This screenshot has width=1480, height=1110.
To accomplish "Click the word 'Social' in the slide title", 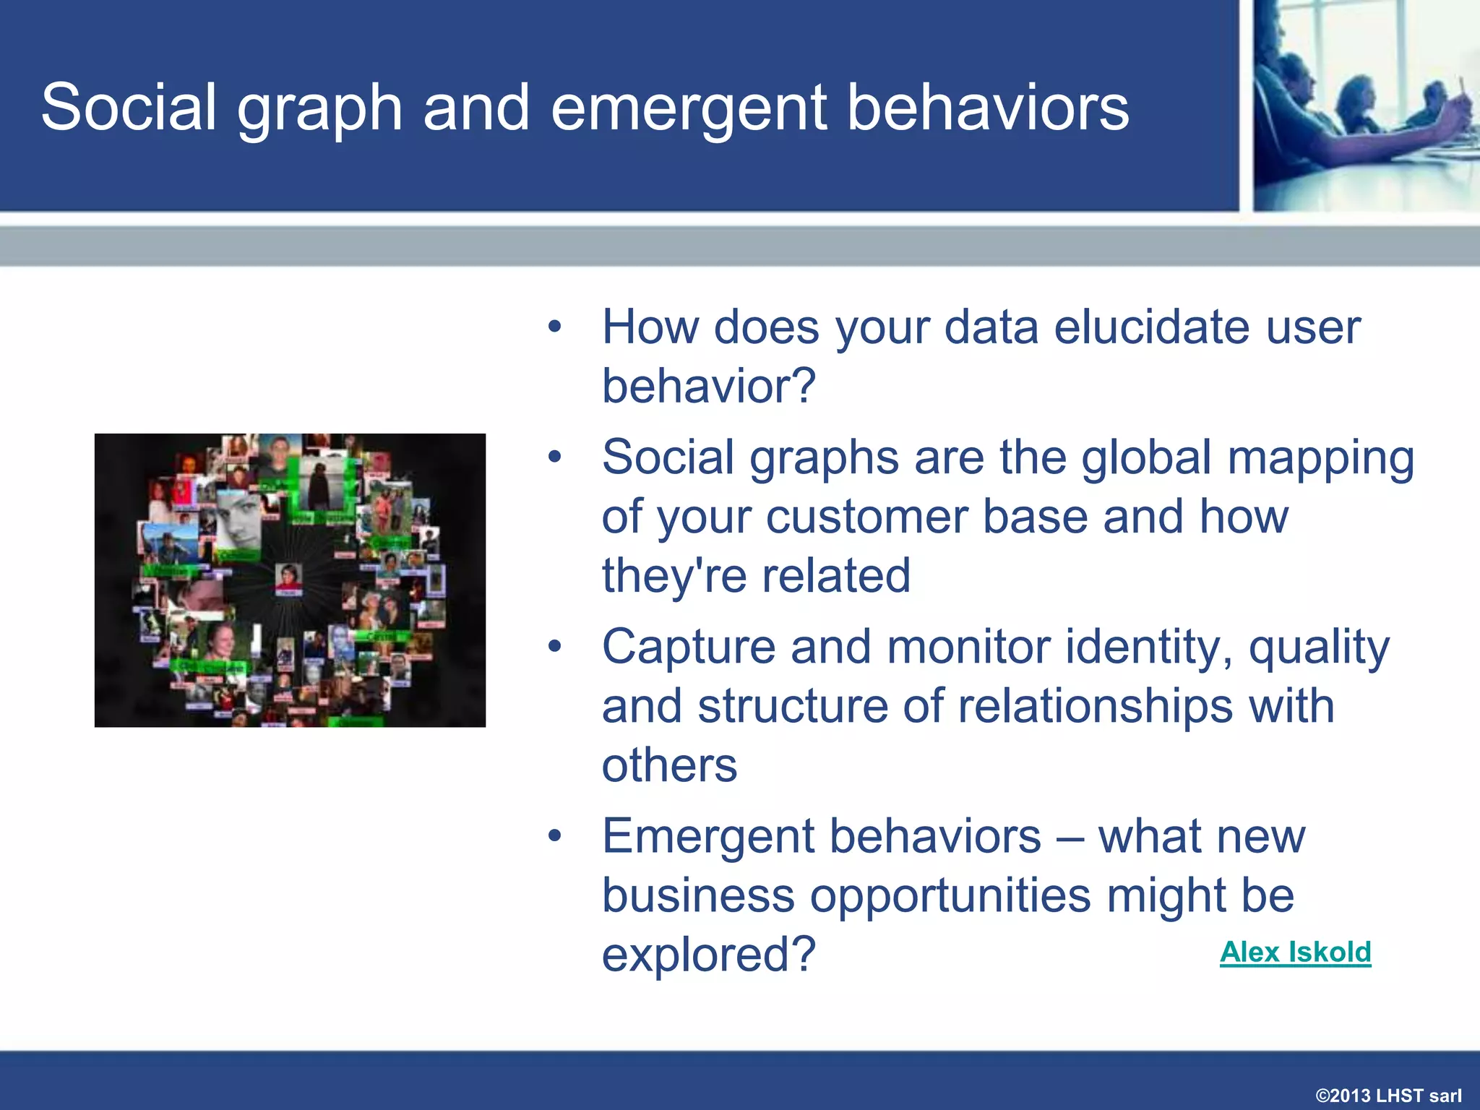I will click(x=129, y=108).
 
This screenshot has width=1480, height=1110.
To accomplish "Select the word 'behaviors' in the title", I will click(x=987, y=108).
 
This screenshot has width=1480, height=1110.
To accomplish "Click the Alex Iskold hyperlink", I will click(x=1295, y=952).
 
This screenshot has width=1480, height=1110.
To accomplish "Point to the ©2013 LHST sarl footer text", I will click(x=1388, y=1095).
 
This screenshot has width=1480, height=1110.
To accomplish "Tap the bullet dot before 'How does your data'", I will click(x=554, y=327).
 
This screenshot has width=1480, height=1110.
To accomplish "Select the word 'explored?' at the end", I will click(x=708, y=955).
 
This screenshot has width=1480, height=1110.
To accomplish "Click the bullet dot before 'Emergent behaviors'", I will click(x=554, y=836).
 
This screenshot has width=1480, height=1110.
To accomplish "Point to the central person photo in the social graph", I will click(x=288, y=578).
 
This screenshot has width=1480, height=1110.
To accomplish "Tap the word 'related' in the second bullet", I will click(x=836, y=576).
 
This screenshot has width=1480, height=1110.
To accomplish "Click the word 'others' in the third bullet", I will click(x=669, y=765).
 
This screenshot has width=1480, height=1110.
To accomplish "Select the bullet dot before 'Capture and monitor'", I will click(x=554, y=647).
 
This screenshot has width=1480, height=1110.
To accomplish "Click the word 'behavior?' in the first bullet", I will click(x=708, y=386).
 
